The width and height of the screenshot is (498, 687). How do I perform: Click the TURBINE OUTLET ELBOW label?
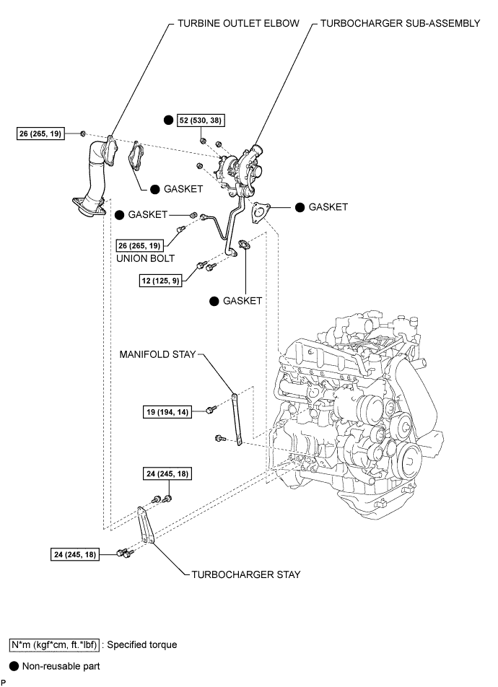(x=238, y=23)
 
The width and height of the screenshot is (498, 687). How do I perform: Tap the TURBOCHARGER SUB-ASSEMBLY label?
(x=401, y=23)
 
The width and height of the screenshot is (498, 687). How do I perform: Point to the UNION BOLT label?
(x=145, y=258)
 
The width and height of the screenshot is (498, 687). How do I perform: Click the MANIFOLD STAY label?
(x=157, y=354)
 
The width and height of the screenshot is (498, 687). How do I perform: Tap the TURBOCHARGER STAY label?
(x=246, y=574)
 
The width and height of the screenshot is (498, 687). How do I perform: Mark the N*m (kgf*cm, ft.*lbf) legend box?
(x=54, y=645)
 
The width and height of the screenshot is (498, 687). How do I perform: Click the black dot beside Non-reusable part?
(x=14, y=666)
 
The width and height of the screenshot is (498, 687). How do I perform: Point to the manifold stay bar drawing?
(x=237, y=419)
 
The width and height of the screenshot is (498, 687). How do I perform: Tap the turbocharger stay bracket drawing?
(x=146, y=525)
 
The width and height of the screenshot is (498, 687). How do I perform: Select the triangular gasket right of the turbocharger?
(x=261, y=212)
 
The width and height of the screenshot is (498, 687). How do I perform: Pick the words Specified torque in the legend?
(x=142, y=645)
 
